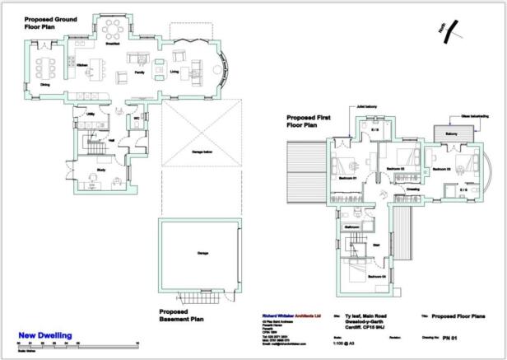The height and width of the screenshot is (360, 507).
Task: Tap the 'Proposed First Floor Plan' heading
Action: click(309, 122)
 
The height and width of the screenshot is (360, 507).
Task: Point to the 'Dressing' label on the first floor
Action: click(412, 189)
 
